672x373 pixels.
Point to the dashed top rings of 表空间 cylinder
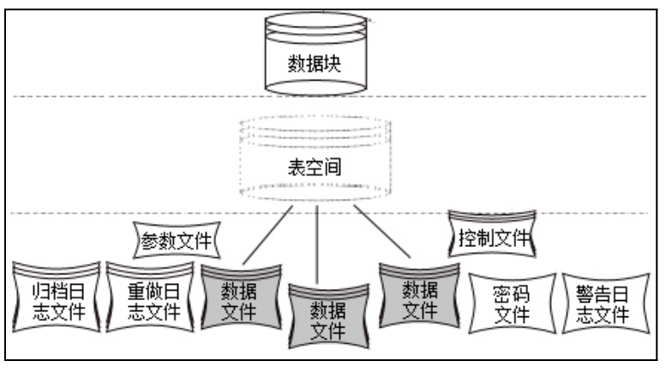[317, 131]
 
